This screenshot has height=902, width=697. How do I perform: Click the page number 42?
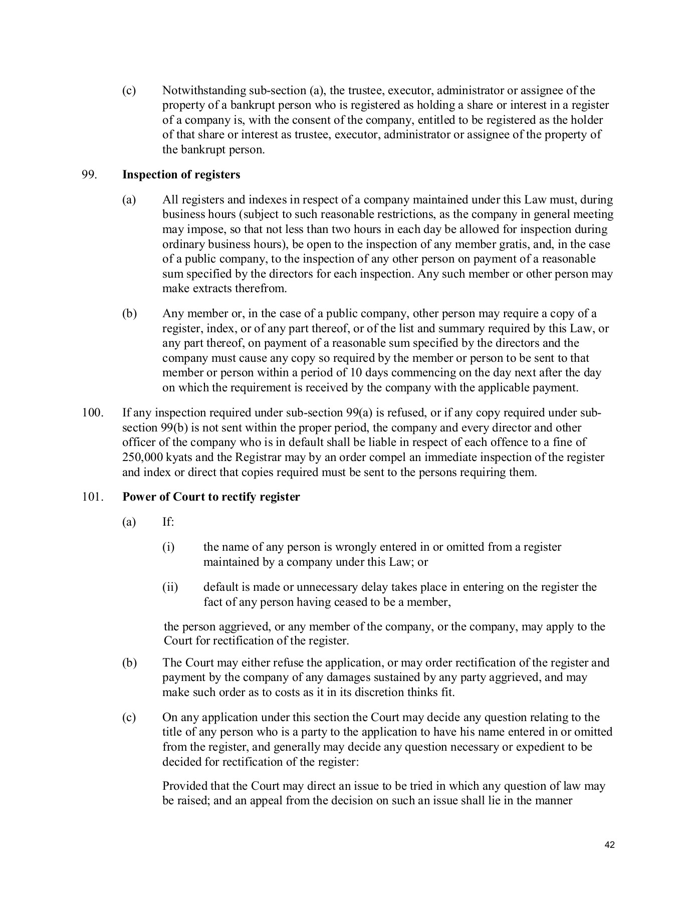609,845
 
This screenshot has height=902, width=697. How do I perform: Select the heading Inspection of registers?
181,175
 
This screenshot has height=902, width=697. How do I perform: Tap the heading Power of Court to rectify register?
211,497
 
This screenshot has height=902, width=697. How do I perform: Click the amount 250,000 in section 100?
141,458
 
